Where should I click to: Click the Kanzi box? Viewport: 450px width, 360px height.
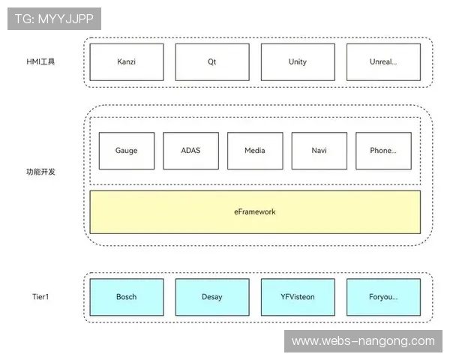[x=127, y=62]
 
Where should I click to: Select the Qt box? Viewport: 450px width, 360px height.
[x=212, y=62]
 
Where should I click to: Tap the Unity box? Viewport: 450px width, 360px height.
[x=298, y=62]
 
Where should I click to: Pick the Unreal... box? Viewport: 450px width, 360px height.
[x=383, y=62]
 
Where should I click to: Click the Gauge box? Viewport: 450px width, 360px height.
[x=126, y=151]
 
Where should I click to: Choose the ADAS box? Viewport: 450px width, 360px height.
[x=190, y=151]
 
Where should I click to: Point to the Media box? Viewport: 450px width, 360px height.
[x=255, y=151]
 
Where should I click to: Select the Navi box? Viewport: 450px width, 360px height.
[x=319, y=151]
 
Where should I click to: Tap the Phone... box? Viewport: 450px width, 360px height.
[x=383, y=151]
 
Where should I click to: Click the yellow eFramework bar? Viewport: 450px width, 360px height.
[x=150, y=212]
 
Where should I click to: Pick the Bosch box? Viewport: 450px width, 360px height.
[x=127, y=297]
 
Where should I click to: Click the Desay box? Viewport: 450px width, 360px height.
[x=212, y=297]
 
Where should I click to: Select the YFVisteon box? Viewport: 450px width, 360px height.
[x=298, y=297]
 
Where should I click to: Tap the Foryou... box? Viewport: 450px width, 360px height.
[x=383, y=297]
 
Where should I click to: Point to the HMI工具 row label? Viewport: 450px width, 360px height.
[x=40, y=61]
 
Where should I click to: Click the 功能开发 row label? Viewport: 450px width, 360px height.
[x=40, y=172]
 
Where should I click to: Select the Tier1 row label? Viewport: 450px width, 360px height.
[x=40, y=297]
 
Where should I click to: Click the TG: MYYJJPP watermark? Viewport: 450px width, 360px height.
[x=54, y=19]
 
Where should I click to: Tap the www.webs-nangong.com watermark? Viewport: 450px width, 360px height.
[x=363, y=341]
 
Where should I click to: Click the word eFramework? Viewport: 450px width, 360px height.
[x=255, y=212]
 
